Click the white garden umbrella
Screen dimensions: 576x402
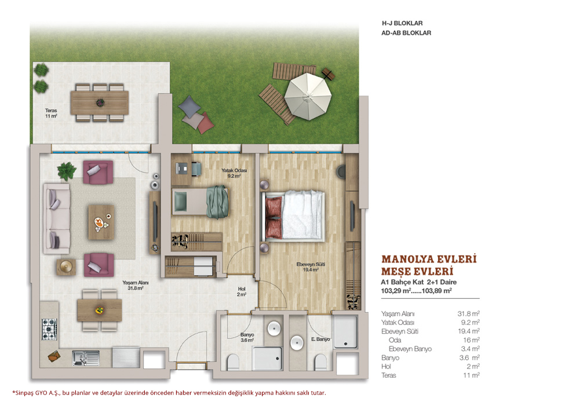point(308,96)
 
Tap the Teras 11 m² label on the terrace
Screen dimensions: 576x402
point(51,113)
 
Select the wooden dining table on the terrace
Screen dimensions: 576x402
point(100,103)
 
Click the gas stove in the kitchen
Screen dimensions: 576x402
point(49,329)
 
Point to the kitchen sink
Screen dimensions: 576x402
point(86,358)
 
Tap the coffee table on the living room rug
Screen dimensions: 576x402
point(101,222)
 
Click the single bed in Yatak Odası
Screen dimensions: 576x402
point(200,202)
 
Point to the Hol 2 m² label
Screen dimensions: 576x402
point(241,291)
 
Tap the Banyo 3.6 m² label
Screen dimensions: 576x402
point(247,337)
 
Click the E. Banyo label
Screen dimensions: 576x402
point(320,339)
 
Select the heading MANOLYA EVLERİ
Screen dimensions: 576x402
point(429,259)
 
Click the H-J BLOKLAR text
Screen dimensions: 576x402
point(402,23)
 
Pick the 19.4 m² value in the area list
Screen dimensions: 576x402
point(469,331)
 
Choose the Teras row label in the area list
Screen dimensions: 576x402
point(389,375)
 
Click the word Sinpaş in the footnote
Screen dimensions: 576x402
point(24,393)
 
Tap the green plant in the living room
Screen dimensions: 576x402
point(67,171)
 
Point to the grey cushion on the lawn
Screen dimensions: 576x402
point(189,106)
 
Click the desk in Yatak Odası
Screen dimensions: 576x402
point(181,169)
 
